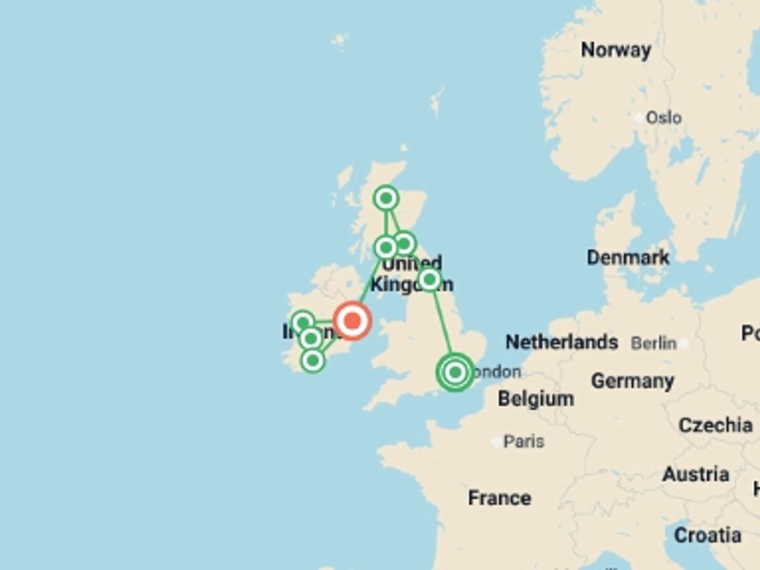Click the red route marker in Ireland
click(352, 321)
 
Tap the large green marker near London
click(455, 372)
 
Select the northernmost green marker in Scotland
click(386, 198)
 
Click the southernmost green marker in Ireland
click(313, 361)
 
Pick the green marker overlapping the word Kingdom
click(429, 280)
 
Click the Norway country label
click(616, 50)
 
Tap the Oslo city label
click(664, 118)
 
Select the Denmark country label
click(628, 258)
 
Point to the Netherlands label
click(562, 342)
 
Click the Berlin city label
click(654, 343)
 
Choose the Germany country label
click(633, 381)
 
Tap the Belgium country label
click(536, 399)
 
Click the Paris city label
click(524, 441)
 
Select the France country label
click(500, 498)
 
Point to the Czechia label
click(715, 426)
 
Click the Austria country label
click(696, 474)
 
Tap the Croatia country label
click(708, 536)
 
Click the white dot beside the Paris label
click(496, 441)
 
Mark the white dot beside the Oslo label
click(638, 118)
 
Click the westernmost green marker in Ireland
click(303, 323)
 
